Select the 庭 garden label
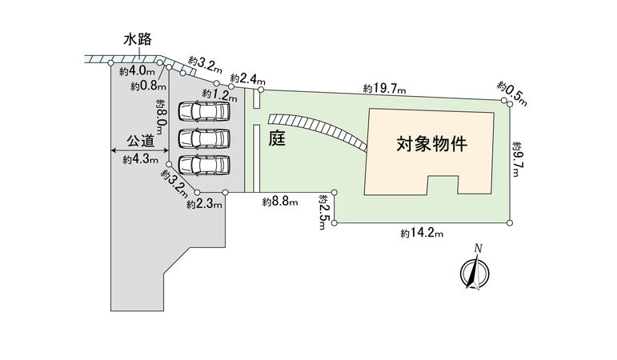278,138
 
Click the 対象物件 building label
431,146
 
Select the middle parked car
202,138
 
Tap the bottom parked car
202,165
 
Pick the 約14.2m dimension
422,233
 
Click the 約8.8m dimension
280,203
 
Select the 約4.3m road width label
138,160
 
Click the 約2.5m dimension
323,211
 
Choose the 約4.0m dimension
134,72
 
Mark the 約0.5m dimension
512,92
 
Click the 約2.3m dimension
204,205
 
